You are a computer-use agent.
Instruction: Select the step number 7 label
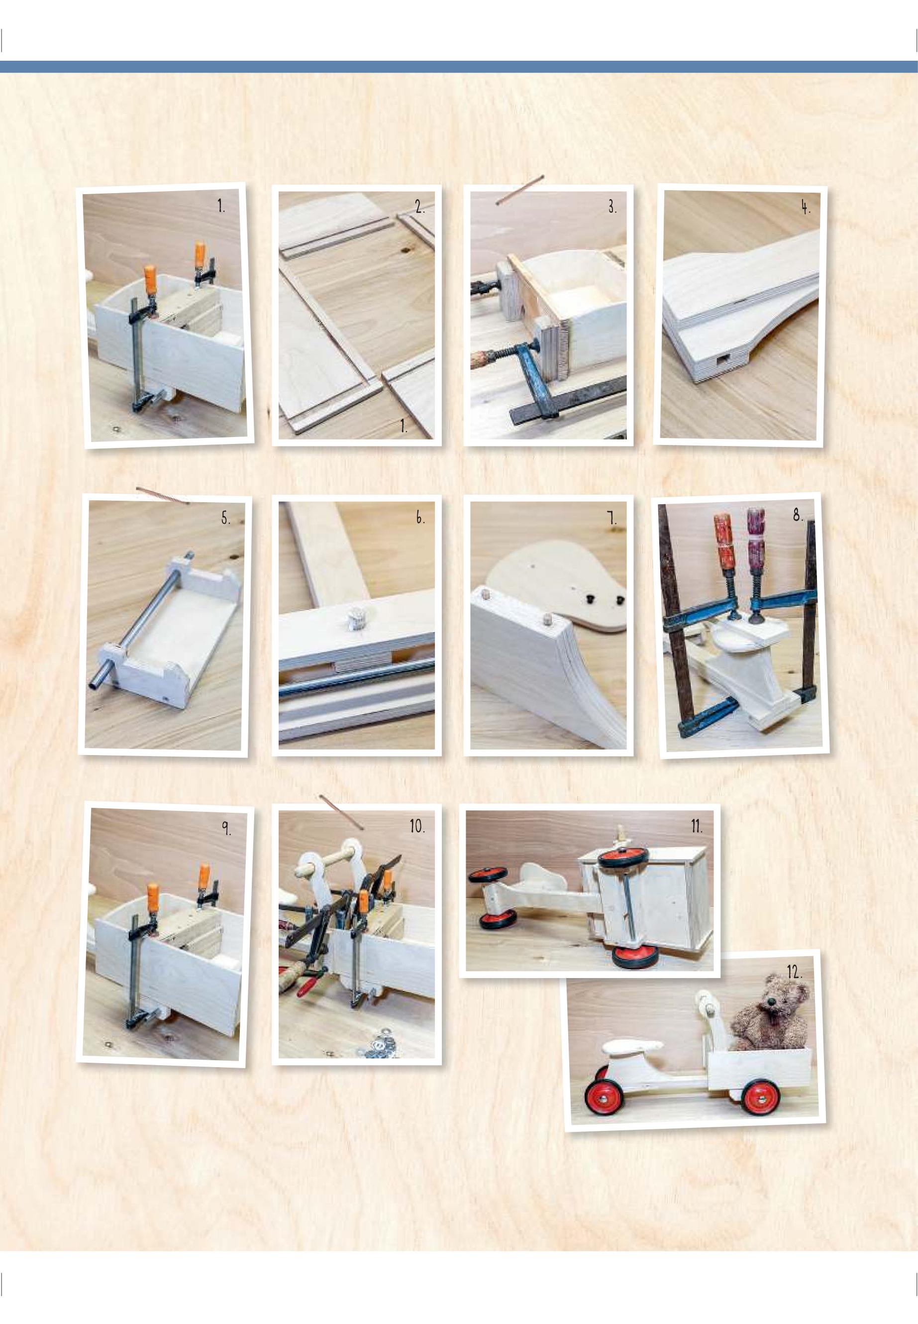(612, 519)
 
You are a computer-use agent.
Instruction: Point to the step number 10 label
(417, 827)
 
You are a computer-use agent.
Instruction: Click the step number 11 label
(697, 827)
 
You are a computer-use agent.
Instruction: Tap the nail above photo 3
(520, 189)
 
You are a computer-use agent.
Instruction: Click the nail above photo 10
(341, 812)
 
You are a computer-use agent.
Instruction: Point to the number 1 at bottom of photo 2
(404, 427)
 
